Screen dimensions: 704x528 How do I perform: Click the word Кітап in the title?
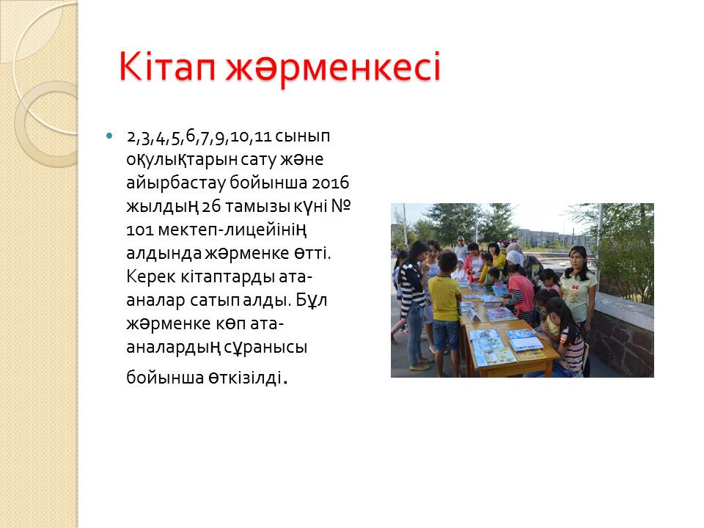click(167, 67)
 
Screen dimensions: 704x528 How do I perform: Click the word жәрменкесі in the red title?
click(333, 67)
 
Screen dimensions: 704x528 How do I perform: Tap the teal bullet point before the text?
click(109, 135)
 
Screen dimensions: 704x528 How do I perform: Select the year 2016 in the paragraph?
click(331, 183)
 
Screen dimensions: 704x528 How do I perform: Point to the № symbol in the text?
click(341, 206)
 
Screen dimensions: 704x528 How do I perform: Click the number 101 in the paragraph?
click(139, 230)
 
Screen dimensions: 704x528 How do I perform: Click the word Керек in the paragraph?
click(150, 276)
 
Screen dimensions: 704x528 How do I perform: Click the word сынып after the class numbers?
click(302, 136)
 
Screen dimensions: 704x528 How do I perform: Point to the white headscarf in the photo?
click(515, 257)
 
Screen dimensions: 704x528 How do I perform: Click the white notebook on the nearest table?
click(525, 344)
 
